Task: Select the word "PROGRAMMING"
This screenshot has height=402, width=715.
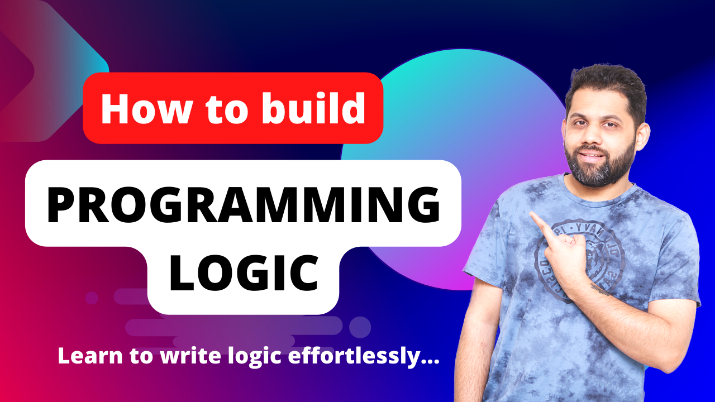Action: pos(243,204)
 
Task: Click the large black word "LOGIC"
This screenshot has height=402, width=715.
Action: pos(244,274)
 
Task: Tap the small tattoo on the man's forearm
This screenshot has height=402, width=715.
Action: pos(600,289)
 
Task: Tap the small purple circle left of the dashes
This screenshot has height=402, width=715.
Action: pos(92,298)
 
